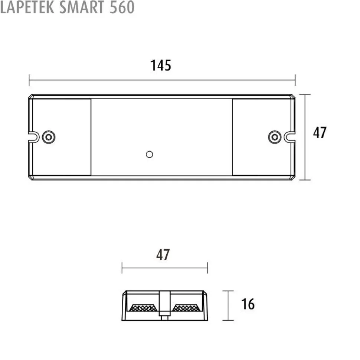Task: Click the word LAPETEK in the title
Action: pyautogui.click(x=27, y=7)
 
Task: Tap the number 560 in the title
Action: pyautogui.click(x=122, y=7)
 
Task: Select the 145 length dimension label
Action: pyautogui.click(x=161, y=65)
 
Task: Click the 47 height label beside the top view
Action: pyautogui.click(x=320, y=132)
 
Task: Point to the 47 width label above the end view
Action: pyautogui.click(x=163, y=255)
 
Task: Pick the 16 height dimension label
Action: pyautogui.click(x=248, y=304)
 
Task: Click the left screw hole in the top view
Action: pyautogui.click(x=49, y=137)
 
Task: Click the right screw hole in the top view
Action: pyautogui.click(x=275, y=137)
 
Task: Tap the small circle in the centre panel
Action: pyautogui.click(x=150, y=155)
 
